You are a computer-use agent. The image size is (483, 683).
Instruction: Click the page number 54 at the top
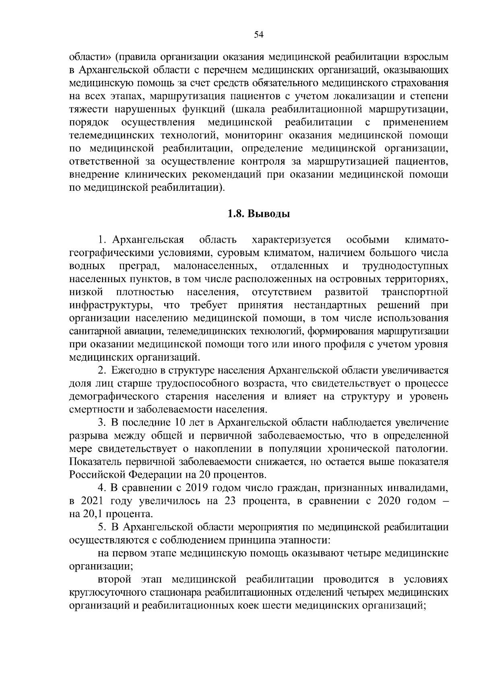(x=259, y=35)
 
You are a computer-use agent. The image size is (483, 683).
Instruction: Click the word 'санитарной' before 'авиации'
(x=92, y=331)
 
